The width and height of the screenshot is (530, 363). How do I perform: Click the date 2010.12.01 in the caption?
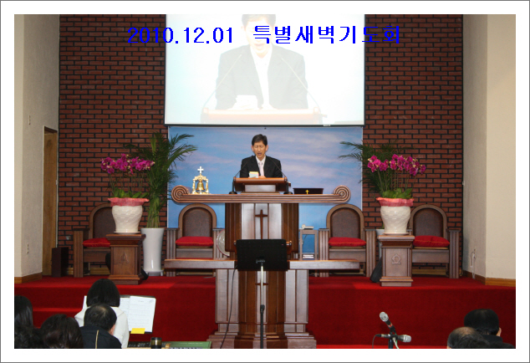[x=181, y=35]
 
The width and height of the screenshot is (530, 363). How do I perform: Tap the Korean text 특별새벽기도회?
[x=326, y=34]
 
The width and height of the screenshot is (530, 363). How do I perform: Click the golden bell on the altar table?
[x=200, y=185]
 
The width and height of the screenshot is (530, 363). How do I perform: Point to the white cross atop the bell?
[x=201, y=170]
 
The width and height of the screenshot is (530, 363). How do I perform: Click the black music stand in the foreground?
[x=262, y=255]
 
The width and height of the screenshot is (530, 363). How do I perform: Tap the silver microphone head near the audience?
[x=385, y=317]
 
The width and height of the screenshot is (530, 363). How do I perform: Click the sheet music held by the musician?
[x=138, y=313]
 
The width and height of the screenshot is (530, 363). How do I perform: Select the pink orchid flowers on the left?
[x=127, y=164]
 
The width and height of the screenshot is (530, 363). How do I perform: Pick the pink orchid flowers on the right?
[x=396, y=165]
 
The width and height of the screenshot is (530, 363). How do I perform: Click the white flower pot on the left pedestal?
[x=127, y=216]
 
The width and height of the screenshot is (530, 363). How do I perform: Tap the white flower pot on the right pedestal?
[x=395, y=216]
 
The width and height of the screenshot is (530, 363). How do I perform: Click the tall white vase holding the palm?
[x=152, y=250]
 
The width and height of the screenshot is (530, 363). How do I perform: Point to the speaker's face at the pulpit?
[x=260, y=146]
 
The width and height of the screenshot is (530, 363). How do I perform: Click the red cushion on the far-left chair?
[x=96, y=243]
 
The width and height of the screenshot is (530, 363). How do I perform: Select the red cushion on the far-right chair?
[x=431, y=241]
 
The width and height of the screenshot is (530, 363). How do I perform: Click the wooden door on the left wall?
[x=50, y=201]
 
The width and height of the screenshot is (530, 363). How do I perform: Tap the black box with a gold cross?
[x=308, y=192]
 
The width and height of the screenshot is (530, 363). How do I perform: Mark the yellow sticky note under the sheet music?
[x=138, y=330]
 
